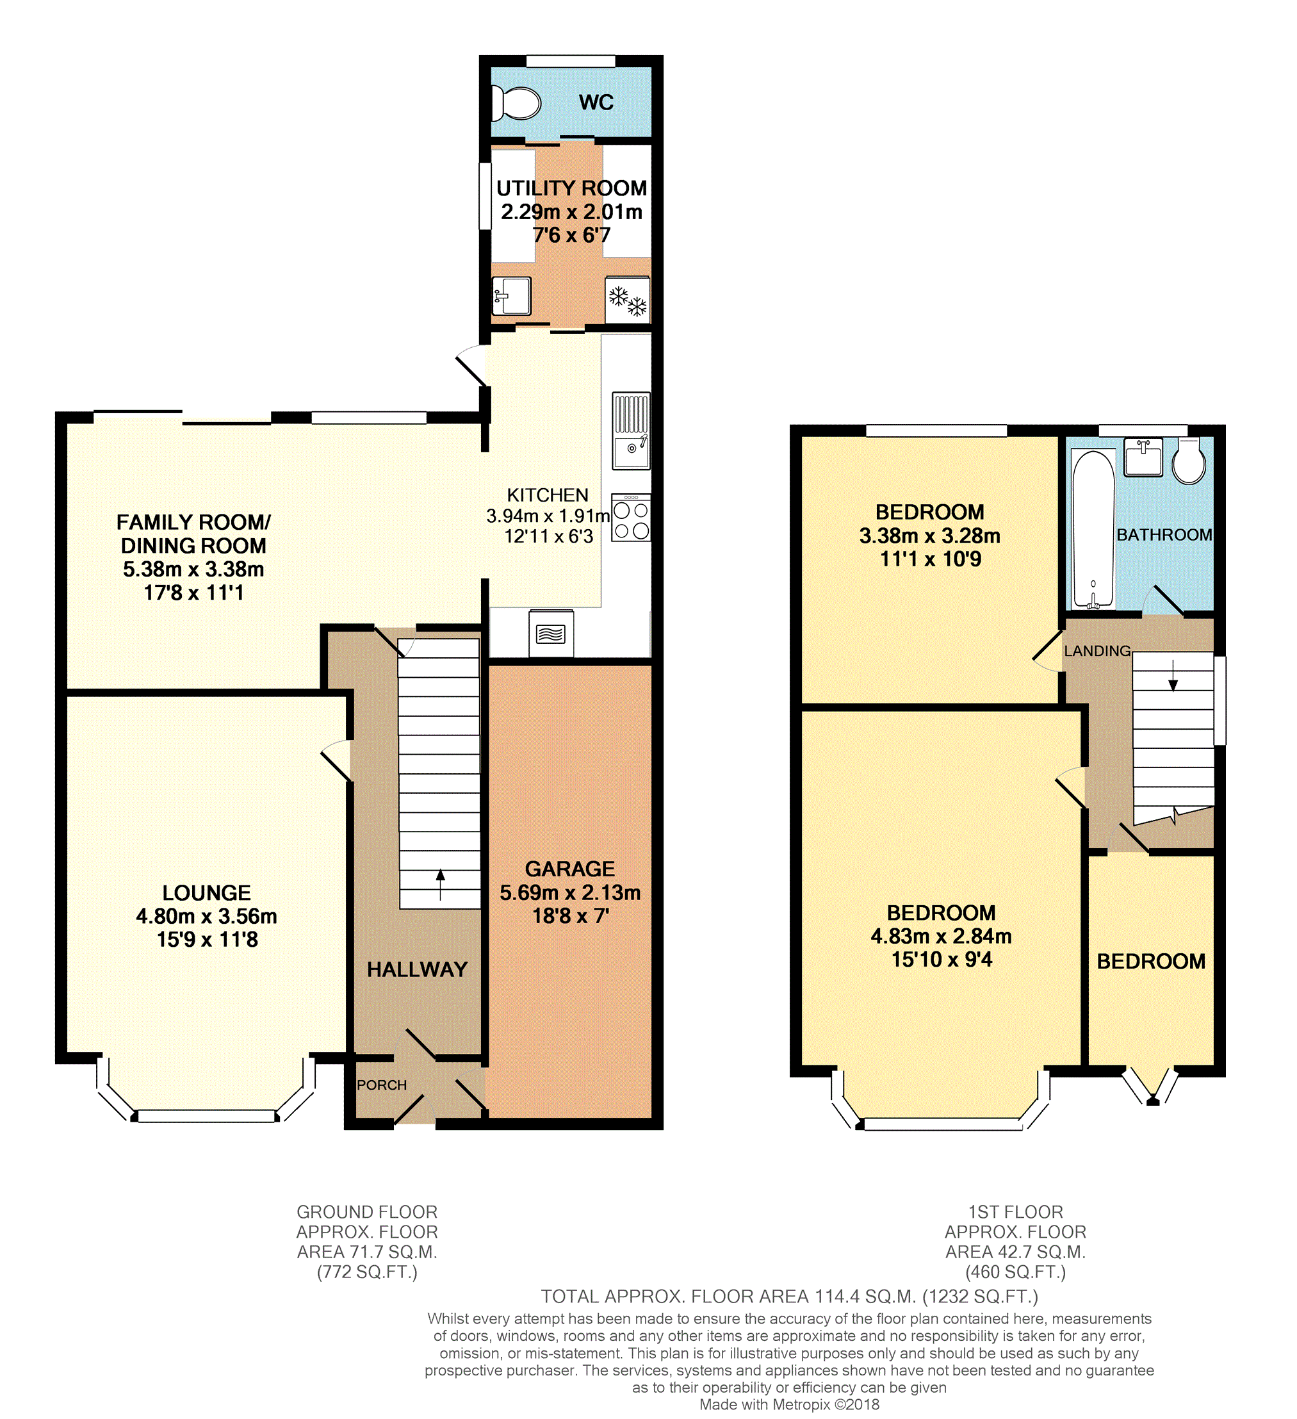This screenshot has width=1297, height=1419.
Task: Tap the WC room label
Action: (x=596, y=103)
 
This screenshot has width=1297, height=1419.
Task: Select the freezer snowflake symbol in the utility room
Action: (x=628, y=300)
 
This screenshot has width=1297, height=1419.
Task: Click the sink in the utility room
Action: (x=512, y=295)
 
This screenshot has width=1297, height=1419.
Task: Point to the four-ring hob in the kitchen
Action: (x=630, y=518)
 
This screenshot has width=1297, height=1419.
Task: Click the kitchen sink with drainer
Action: (x=632, y=431)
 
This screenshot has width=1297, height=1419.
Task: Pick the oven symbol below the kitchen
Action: (x=551, y=634)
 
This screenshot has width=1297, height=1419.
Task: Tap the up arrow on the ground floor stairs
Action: (x=441, y=885)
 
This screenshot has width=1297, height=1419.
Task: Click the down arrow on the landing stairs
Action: (x=1173, y=676)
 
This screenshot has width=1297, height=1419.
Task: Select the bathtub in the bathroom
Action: (x=1093, y=529)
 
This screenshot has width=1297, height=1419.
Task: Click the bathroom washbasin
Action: (x=1143, y=457)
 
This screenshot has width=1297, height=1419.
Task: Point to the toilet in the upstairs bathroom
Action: (x=1189, y=461)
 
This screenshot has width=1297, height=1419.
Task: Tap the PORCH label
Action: (x=382, y=1085)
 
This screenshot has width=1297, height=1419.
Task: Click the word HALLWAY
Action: (x=418, y=969)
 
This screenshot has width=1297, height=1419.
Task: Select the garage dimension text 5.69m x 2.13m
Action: (x=570, y=892)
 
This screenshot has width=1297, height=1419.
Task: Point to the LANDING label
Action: (x=1097, y=651)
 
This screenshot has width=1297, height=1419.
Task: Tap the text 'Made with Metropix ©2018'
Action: (x=789, y=1404)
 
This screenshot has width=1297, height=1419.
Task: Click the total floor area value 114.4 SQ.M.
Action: (x=865, y=1296)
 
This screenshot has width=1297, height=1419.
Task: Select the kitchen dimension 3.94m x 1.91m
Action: (x=548, y=516)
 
